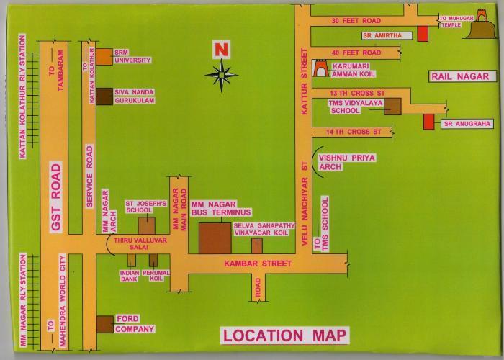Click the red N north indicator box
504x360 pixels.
click(220, 50)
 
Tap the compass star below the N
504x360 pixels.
click(221, 72)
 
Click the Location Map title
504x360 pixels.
click(284, 336)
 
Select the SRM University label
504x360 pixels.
click(132, 57)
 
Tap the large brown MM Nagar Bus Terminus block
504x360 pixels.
click(215, 238)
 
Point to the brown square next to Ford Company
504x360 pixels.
click(104, 325)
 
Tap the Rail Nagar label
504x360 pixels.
click(459, 76)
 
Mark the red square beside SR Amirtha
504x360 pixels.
click(422, 35)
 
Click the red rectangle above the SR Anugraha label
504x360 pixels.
click(429, 122)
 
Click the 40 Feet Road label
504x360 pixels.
click(356, 53)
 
